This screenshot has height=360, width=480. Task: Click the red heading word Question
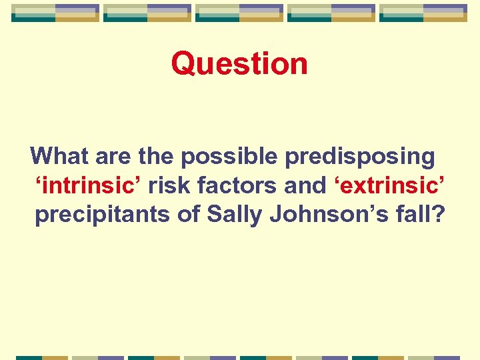point(239,64)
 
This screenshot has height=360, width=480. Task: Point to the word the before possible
point(157,156)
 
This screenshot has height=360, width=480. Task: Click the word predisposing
point(360,157)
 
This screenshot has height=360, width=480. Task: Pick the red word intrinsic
point(88,186)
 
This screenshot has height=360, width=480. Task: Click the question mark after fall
point(436,215)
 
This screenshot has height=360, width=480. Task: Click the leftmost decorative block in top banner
point(55,13)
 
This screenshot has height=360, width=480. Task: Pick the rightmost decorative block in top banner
point(423,13)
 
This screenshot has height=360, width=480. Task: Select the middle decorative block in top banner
point(239,13)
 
